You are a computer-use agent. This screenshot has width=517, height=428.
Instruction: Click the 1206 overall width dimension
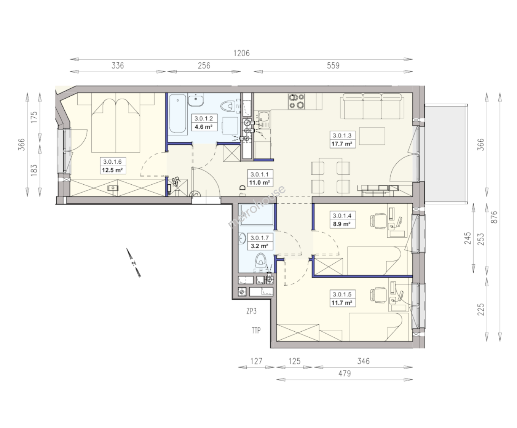tap(241, 53)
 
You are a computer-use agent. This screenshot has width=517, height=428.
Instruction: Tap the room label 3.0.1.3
tap(342, 136)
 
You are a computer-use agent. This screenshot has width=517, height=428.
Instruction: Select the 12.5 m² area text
tap(112, 170)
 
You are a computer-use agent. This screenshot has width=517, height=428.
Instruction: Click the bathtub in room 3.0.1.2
tap(177, 114)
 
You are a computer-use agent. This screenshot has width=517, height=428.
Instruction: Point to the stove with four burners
tap(296, 101)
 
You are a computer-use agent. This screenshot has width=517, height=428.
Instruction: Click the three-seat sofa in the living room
tap(372, 106)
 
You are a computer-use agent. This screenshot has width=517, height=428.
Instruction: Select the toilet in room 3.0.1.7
tap(260, 260)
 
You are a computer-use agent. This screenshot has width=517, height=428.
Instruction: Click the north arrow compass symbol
tap(134, 262)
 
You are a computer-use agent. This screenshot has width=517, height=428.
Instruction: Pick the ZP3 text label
tap(251, 311)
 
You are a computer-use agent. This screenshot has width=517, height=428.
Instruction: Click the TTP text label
tap(256, 331)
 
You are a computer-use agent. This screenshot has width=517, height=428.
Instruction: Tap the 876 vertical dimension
tap(494, 217)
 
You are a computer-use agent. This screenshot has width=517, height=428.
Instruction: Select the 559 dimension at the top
tap(333, 65)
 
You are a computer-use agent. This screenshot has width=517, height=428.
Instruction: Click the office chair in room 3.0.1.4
tap(378, 220)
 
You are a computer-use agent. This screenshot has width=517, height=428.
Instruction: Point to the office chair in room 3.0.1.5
tap(378, 295)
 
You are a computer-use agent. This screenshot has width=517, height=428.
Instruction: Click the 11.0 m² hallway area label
tap(259, 183)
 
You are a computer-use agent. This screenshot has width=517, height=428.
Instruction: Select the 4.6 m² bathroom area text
tap(204, 127)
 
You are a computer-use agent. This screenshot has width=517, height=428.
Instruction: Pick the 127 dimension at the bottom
tap(256, 361)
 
